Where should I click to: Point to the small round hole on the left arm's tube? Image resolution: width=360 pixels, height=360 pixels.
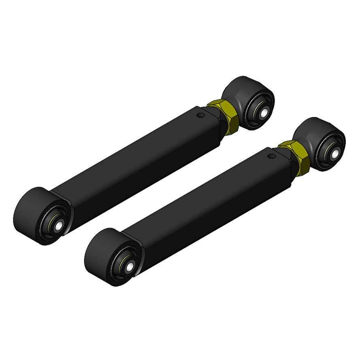tap(200, 115)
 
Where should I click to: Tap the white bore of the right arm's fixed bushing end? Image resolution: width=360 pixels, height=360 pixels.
tap(130, 268)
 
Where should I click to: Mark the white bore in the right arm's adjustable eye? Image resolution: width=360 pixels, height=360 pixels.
tap(334, 154)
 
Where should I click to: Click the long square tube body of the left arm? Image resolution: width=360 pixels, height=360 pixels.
tap(134, 162)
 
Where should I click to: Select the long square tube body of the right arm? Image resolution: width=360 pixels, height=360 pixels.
tap(207, 202)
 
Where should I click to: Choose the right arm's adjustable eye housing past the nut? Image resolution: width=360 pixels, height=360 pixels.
tap(312, 134)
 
